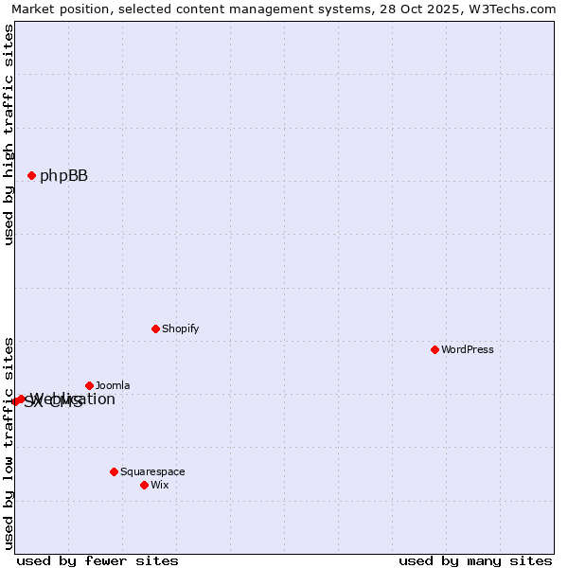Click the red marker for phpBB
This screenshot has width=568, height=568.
pos(31,175)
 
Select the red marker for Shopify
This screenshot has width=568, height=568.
pos(155,328)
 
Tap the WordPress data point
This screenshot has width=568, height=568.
pos(435,349)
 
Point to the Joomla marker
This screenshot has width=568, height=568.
pos(89,385)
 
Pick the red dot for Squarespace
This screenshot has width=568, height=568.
pos(114,471)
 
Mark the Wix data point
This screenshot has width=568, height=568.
pos(144,485)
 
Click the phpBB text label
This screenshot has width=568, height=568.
pos(63,175)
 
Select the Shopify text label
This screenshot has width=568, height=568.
pos(180,328)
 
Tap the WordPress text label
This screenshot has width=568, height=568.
pos(467,349)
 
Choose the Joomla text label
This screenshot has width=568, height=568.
pos(113,385)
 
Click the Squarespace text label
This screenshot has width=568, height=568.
pos(152,471)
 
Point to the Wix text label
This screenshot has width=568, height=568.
pos(159,485)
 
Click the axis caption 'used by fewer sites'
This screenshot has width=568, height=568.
pos(98,560)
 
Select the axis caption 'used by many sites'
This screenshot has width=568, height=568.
pos(475,560)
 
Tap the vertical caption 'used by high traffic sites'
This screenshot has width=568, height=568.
pos(9,135)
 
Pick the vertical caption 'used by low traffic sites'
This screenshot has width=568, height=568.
pos(9,442)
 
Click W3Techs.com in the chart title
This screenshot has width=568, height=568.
pos(517,9)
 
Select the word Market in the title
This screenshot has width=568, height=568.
pos(32,9)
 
